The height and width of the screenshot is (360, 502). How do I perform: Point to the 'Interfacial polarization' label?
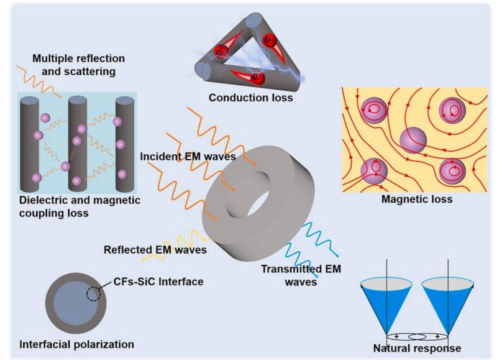coord(76,344)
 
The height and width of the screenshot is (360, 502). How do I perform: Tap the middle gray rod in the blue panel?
coord(77,143)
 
